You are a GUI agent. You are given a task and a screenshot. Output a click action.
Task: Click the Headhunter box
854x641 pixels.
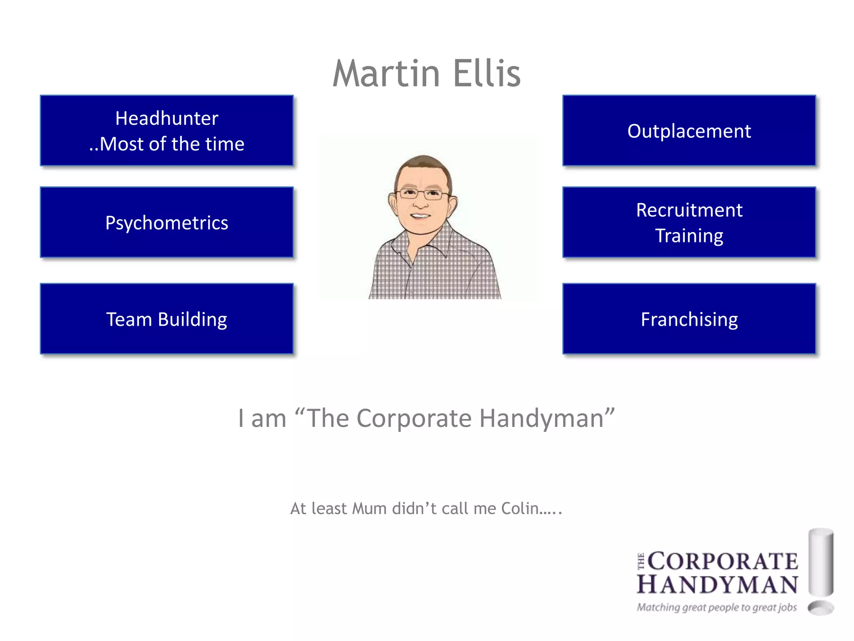click(x=167, y=131)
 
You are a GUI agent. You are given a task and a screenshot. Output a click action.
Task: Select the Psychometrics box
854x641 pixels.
click(x=167, y=222)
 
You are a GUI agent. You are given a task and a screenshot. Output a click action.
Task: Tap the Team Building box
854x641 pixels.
click(x=167, y=319)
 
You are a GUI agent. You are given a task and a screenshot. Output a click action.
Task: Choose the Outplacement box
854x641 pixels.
click(x=689, y=131)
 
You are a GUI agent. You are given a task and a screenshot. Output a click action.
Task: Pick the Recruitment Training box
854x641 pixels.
click(x=689, y=222)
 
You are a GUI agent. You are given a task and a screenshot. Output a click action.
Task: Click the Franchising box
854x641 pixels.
click(x=689, y=319)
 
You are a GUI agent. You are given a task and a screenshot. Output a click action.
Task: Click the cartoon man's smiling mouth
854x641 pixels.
click(x=420, y=216)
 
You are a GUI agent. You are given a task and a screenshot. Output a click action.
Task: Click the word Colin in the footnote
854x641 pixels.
click(x=520, y=509)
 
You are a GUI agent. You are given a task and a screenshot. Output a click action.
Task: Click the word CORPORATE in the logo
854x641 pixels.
click(x=723, y=561)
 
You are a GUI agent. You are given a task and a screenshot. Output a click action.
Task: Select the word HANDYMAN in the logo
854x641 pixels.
click(x=717, y=584)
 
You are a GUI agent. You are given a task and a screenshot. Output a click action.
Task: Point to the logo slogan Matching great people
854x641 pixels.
click(x=716, y=607)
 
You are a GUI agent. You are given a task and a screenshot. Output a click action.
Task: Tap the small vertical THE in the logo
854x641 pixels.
click(x=641, y=561)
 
